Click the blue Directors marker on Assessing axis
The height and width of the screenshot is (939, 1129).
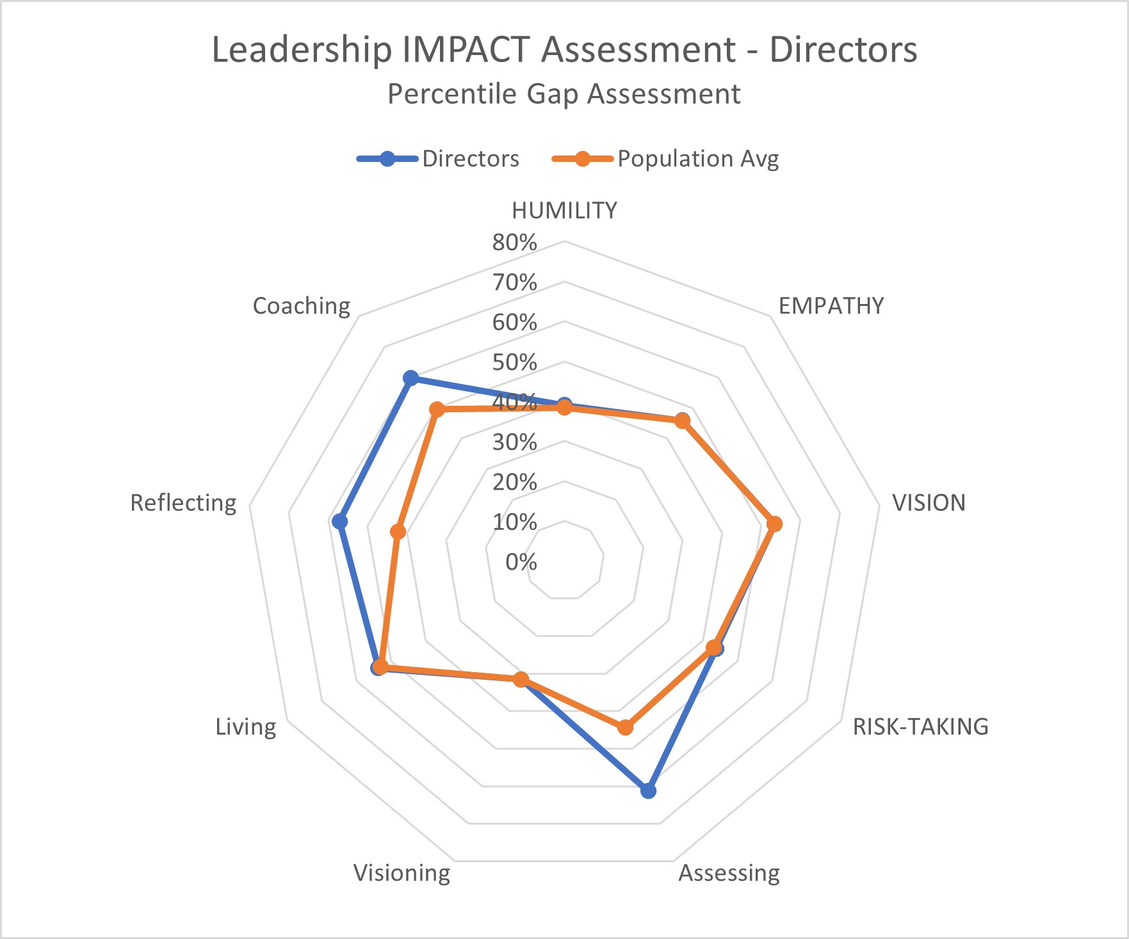pyautogui.click(x=648, y=791)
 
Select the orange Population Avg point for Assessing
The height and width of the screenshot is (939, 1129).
pyautogui.click(x=625, y=727)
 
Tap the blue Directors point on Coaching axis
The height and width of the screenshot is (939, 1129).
pyautogui.click(x=410, y=378)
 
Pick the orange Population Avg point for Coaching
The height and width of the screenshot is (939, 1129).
pyautogui.click(x=437, y=409)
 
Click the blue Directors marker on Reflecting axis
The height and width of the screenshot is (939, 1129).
pyautogui.click(x=339, y=522)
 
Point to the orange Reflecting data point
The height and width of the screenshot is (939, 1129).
pyautogui.click(x=398, y=531)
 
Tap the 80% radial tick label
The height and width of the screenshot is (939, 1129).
pyautogui.click(x=514, y=242)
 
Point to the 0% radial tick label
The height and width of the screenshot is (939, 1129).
pyautogui.click(x=521, y=562)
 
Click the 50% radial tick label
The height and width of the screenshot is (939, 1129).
pyautogui.click(x=514, y=362)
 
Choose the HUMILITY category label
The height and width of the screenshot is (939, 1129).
pyautogui.click(x=564, y=211)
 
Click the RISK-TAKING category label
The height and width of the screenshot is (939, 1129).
pyautogui.click(x=920, y=726)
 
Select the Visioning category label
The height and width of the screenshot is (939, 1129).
pyautogui.click(x=402, y=872)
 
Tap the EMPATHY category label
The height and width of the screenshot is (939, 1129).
pyautogui.click(x=831, y=306)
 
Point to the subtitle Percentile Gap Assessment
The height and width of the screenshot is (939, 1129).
pyautogui.click(x=564, y=94)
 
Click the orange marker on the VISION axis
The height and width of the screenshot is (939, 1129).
pyautogui.click(x=774, y=524)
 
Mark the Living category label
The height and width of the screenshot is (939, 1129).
pyautogui.click(x=246, y=726)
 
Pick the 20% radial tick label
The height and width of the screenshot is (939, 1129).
pyautogui.click(x=514, y=482)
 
